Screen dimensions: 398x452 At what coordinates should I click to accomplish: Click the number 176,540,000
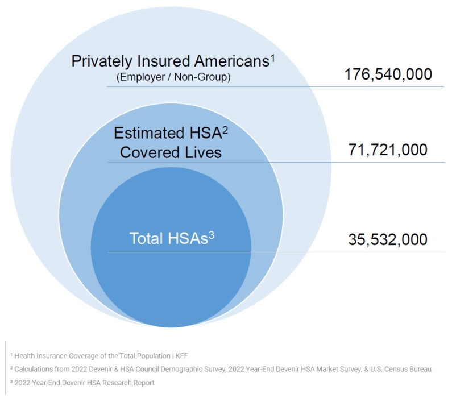click(x=388, y=74)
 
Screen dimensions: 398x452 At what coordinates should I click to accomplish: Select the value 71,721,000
click(x=388, y=150)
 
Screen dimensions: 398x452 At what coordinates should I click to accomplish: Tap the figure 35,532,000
click(x=388, y=239)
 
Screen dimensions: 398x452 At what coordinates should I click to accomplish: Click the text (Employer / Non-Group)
click(x=173, y=77)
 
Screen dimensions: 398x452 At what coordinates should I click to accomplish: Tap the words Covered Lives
click(x=171, y=152)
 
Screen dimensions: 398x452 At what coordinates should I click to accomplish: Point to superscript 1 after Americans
click(x=272, y=56)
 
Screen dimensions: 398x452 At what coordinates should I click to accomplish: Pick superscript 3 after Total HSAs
click(x=212, y=233)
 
